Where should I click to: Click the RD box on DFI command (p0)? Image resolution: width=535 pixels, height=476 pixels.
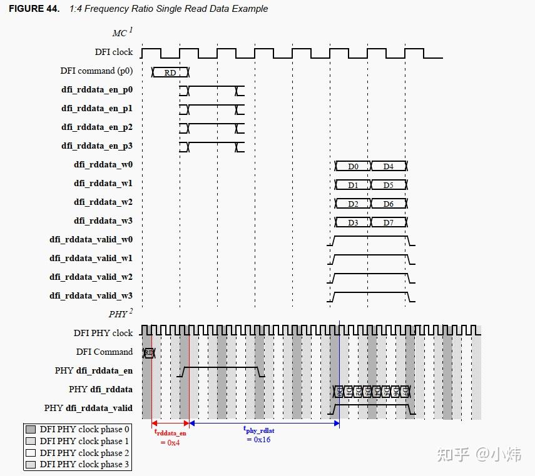[170, 72]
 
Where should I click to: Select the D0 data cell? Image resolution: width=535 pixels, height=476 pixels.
[353, 167]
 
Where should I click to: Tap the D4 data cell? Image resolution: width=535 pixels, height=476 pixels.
[388, 167]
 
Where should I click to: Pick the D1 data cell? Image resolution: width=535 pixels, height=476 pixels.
[353, 186]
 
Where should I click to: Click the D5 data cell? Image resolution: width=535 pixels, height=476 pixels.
[388, 186]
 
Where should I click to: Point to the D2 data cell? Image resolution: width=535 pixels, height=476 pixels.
[353, 204]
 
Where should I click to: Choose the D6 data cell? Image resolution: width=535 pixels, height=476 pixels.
[388, 204]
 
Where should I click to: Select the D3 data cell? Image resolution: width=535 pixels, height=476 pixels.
[353, 223]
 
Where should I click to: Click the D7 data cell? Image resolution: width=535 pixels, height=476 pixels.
[388, 223]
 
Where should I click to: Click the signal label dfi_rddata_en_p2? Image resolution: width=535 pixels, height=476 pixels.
[97, 127]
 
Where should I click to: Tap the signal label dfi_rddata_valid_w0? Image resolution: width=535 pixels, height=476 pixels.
[91, 240]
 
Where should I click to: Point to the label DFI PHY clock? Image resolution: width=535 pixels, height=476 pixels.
[103, 333]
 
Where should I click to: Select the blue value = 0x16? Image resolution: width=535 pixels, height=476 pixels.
[257, 439]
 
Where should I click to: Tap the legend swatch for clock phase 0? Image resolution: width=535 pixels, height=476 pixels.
[31, 429]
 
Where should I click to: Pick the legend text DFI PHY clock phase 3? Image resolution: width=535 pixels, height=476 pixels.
[84, 464]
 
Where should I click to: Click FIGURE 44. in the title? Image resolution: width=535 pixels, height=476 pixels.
[34, 9]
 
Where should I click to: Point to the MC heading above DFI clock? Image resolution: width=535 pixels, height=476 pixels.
[120, 33]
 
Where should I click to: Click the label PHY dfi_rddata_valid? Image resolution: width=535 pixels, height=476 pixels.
[88, 408]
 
